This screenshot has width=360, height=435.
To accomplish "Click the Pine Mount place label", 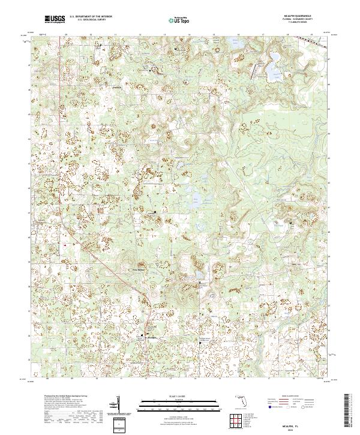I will (x=139, y=270).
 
